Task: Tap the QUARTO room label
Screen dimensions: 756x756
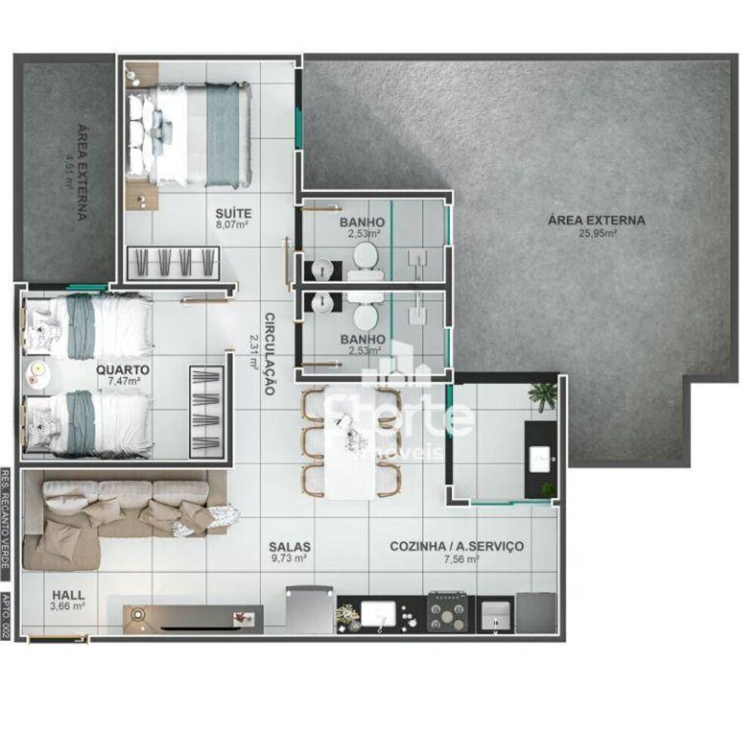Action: point(122,370)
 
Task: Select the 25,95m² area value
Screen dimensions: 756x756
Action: point(596,234)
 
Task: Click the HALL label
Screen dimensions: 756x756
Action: point(69,594)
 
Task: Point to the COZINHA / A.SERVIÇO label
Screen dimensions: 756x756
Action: point(456,546)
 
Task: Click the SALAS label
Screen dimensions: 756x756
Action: point(290,546)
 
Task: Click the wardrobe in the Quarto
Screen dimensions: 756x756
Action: point(206,409)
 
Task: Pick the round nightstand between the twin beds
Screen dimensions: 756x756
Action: point(38,370)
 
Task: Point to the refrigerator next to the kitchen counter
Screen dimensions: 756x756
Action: point(310,610)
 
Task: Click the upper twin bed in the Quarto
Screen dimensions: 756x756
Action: point(91,327)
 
